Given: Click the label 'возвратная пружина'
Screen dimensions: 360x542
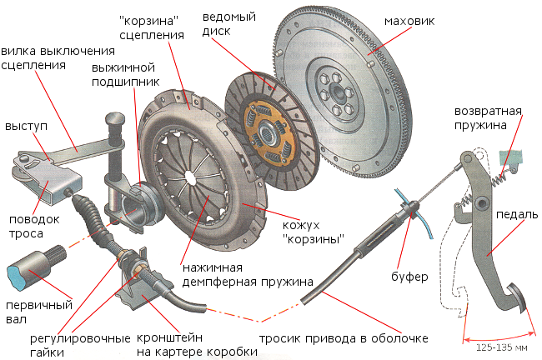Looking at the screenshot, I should [x=488, y=119].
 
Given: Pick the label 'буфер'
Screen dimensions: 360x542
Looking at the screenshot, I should [x=409, y=274].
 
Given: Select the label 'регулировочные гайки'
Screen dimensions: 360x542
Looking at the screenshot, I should [x=67, y=345].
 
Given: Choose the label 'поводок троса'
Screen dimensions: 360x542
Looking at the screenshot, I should [x=26, y=226].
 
